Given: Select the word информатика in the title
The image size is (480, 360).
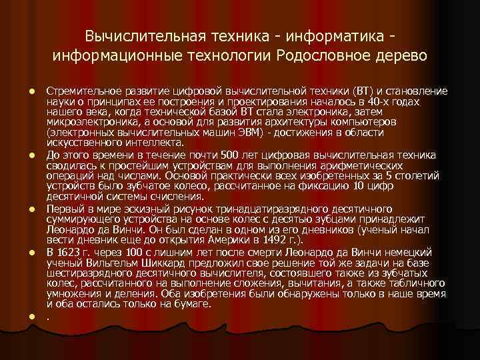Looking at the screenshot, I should pos(321,33).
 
